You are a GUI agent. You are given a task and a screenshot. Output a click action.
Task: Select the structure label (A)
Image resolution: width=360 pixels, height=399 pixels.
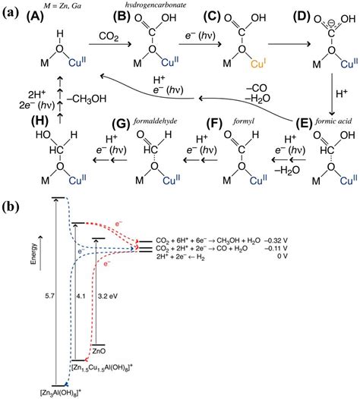[x=49, y=17]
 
